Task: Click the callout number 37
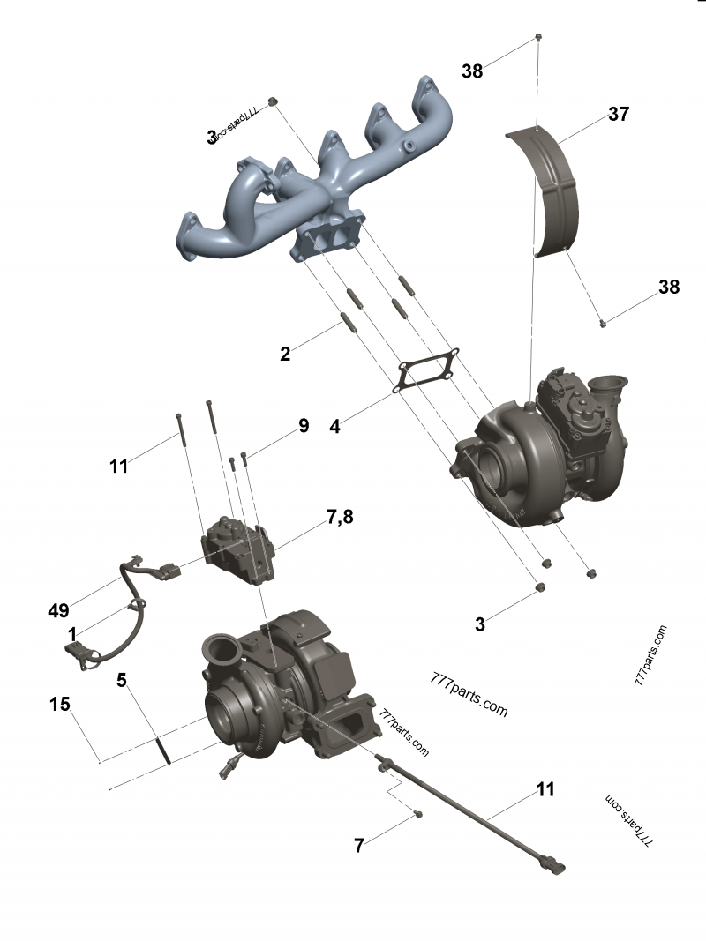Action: (x=618, y=115)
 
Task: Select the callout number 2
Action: (x=285, y=355)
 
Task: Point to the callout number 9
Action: (x=304, y=426)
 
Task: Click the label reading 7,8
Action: (x=340, y=517)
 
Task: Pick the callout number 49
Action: (x=59, y=609)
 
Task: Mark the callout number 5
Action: (x=123, y=680)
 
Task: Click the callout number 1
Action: (x=71, y=634)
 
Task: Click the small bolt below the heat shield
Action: (x=602, y=324)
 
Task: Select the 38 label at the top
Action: (x=472, y=71)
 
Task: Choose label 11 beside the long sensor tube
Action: (x=546, y=789)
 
